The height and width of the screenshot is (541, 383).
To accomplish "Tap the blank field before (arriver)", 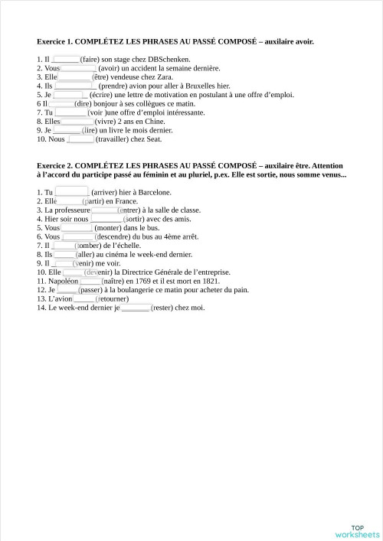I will tap(72, 192).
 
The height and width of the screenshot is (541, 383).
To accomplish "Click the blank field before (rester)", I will tap(136, 308).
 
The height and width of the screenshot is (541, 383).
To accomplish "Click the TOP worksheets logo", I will tap(357, 532).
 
